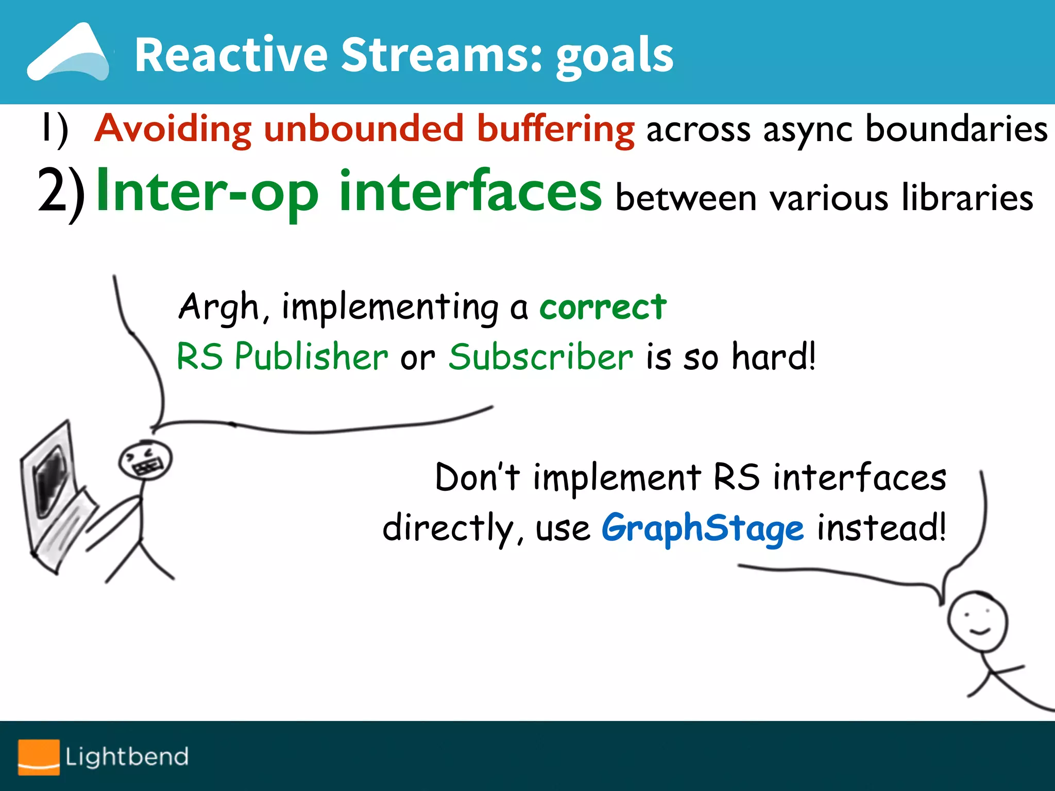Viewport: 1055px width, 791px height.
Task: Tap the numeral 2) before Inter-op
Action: pyautogui.click(x=61, y=194)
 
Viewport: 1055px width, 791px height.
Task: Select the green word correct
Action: pyautogui.click(x=603, y=307)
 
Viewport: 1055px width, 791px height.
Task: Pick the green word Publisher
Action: pyautogui.click(x=311, y=356)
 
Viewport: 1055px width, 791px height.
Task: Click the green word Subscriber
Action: pyautogui.click(x=541, y=356)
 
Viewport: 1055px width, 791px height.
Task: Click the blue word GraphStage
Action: pyautogui.click(x=703, y=528)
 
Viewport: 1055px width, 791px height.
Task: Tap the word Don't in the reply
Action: pyautogui.click(x=477, y=477)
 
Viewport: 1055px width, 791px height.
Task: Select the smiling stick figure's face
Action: pyautogui.click(x=977, y=622)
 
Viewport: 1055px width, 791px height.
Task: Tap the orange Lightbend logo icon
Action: pyautogui.click(x=39, y=756)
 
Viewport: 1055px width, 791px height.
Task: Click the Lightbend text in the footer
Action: pyautogui.click(x=127, y=756)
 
